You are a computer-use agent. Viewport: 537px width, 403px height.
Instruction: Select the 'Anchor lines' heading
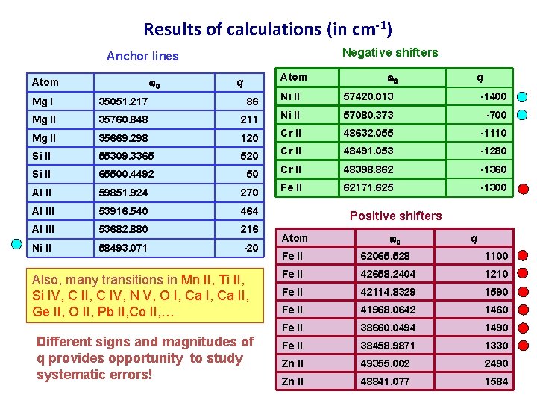(142, 56)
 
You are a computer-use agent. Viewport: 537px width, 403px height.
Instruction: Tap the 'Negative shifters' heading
(389, 52)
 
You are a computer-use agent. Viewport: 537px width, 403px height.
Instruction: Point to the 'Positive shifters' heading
(395, 216)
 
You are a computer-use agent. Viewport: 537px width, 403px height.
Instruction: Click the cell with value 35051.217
(123, 101)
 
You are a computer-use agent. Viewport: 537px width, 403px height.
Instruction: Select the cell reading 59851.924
(123, 192)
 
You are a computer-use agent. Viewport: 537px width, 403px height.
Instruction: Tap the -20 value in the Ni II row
(251, 247)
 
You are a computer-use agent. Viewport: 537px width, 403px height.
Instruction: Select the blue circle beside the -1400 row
(522, 97)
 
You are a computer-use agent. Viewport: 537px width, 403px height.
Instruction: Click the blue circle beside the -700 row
(522, 115)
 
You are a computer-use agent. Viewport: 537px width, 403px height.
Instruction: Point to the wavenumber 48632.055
(367, 133)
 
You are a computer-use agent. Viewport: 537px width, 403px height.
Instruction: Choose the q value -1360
(493, 169)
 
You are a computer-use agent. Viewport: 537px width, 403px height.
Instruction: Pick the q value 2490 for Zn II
(495, 363)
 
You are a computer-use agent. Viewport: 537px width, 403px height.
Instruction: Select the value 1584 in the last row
(495, 381)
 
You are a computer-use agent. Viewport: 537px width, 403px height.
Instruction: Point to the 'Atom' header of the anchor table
(45, 83)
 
